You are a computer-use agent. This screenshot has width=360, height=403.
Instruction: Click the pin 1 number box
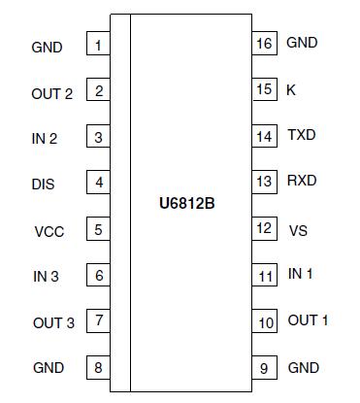(x=98, y=46)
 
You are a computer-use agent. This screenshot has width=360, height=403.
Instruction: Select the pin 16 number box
(x=264, y=44)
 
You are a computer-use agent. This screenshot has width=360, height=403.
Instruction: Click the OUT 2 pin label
(x=51, y=93)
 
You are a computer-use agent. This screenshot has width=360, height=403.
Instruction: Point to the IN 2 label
(x=45, y=139)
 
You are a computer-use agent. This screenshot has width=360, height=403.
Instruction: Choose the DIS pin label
(x=43, y=184)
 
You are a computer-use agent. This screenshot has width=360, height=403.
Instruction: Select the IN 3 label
(x=45, y=277)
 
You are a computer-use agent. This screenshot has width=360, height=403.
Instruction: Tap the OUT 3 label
(x=52, y=322)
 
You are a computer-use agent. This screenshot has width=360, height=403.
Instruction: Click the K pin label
(x=291, y=89)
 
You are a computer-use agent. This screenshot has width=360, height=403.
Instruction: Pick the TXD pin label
(x=301, y=135)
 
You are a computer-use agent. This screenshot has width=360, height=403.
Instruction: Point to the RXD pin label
(x=302, y=181)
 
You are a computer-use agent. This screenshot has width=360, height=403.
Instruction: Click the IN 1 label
(x=301, y=274)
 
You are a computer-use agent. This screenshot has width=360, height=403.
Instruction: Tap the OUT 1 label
(x=308, y=319)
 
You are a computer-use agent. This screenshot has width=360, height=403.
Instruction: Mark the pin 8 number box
(x=98, y=368)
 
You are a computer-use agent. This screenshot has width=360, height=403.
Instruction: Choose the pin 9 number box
(x=264, y=368)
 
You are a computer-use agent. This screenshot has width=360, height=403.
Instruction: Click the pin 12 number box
(x=264, y=229)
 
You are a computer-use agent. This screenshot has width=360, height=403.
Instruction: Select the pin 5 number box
(x=98, y=230)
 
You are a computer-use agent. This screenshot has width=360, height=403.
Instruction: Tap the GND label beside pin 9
(x=304, y=368)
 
